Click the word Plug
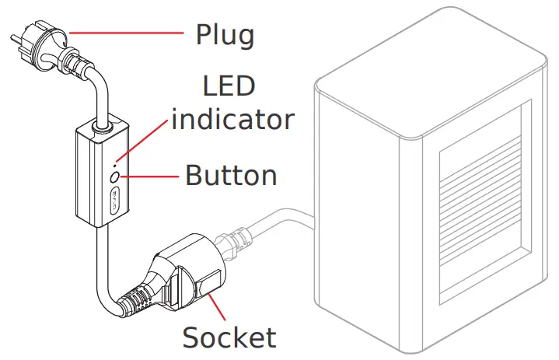(x=225, y=35)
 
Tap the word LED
(x=229, y=86)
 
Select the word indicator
(x=233, y=119)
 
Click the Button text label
(x=231, y=176)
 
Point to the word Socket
(x=229, y=337)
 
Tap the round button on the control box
(x=115, y=178)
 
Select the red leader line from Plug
(x=124, y=33)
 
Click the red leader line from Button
(x=151, y=177)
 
